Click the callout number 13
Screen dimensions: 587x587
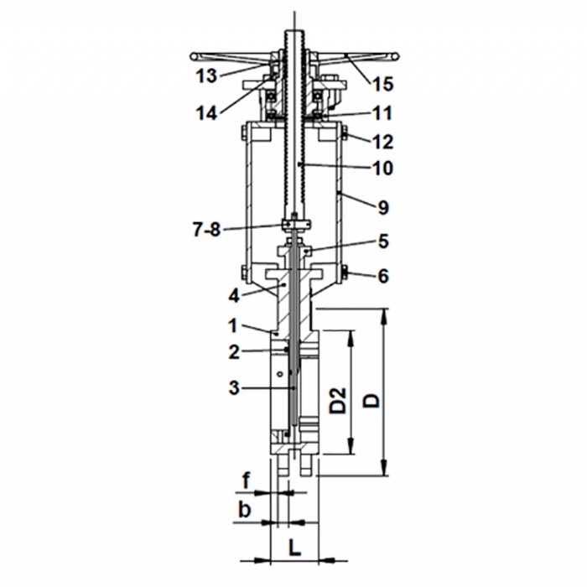coord(206,76)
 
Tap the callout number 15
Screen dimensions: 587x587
coord(382,84)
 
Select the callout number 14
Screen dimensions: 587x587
coord(206,113)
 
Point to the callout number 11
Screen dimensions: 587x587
coord(382,113)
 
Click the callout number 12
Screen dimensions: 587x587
coord(382,142)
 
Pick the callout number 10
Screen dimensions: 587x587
coord(382,168)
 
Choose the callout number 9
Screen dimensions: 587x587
coord(383,207)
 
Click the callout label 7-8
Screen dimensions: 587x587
coord(206,230)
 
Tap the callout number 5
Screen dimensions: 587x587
coord(383,242)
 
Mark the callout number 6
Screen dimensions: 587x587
coord(383,276)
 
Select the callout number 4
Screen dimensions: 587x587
coord(234,296)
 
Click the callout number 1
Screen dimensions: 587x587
coord(234,325)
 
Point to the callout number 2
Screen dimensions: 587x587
coord(234,352)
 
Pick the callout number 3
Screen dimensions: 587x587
coord(234,387)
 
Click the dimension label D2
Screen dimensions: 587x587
coord(338,401)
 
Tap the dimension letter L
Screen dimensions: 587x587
coord(295,548)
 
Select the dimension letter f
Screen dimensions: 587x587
coord(245,481)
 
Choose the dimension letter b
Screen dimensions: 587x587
coord(245,510)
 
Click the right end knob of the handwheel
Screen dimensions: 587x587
coord(395,56)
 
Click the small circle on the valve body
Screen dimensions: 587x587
coord(279,374)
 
